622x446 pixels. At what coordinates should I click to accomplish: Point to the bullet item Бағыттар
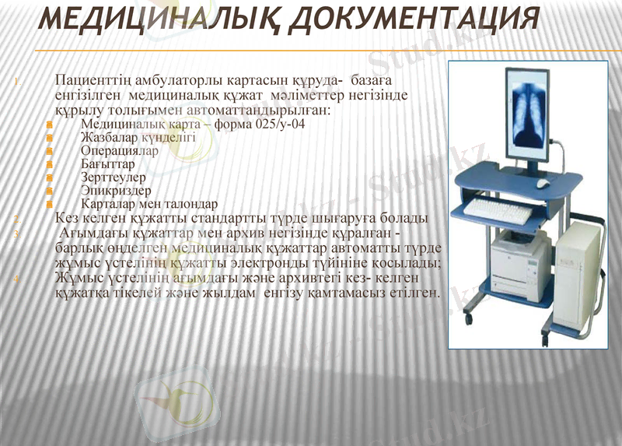(x=107, y=164)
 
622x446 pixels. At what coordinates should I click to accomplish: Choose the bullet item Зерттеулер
(x=114, y=177)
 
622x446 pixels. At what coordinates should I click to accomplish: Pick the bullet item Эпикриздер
(x=116, y=191)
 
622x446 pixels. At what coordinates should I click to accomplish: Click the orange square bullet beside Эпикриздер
(x=50, y=191)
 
